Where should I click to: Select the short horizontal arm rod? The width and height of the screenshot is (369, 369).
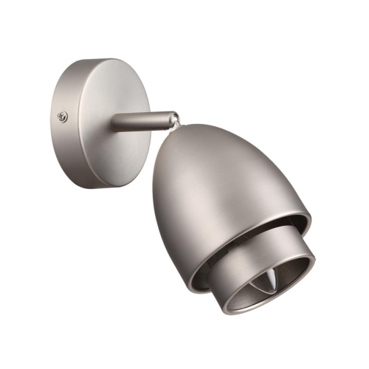pyautogui.click(x=140, y=120)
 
